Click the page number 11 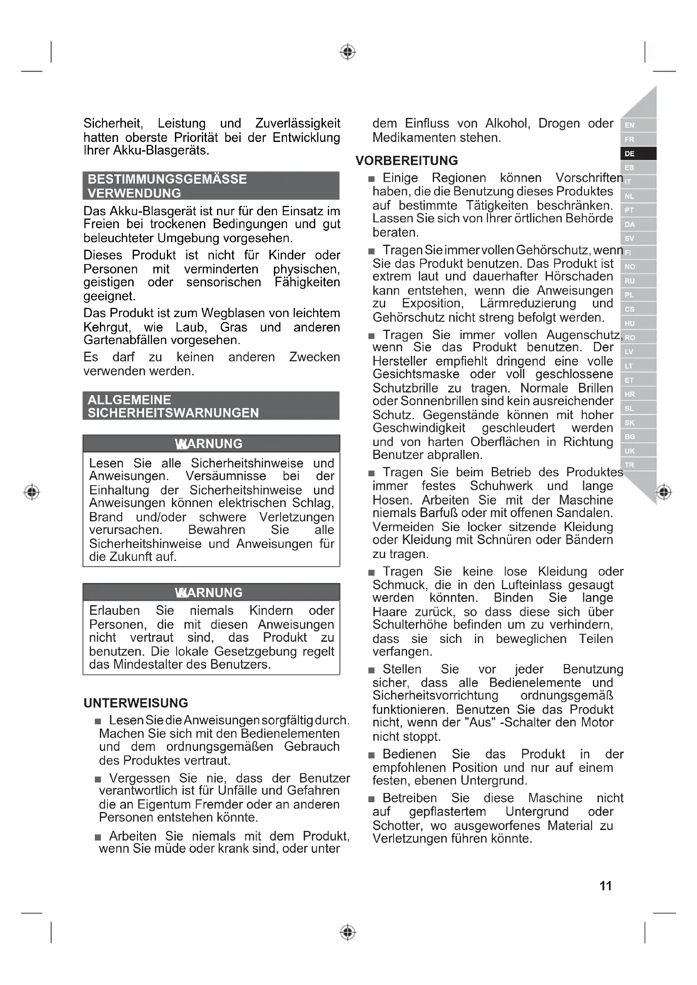605,886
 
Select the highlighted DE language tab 638,154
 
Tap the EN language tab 638,125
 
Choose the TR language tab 638,465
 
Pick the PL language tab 638,295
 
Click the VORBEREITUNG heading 406,161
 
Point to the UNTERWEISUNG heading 136,703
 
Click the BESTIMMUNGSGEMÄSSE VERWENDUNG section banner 211,186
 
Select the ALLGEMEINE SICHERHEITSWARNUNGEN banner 211,406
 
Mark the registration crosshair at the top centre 348,52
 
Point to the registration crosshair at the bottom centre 348,932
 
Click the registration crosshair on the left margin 32,491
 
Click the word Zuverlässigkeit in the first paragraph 298,123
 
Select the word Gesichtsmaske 416,374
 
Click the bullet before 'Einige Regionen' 372,179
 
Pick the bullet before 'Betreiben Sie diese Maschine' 372,799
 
